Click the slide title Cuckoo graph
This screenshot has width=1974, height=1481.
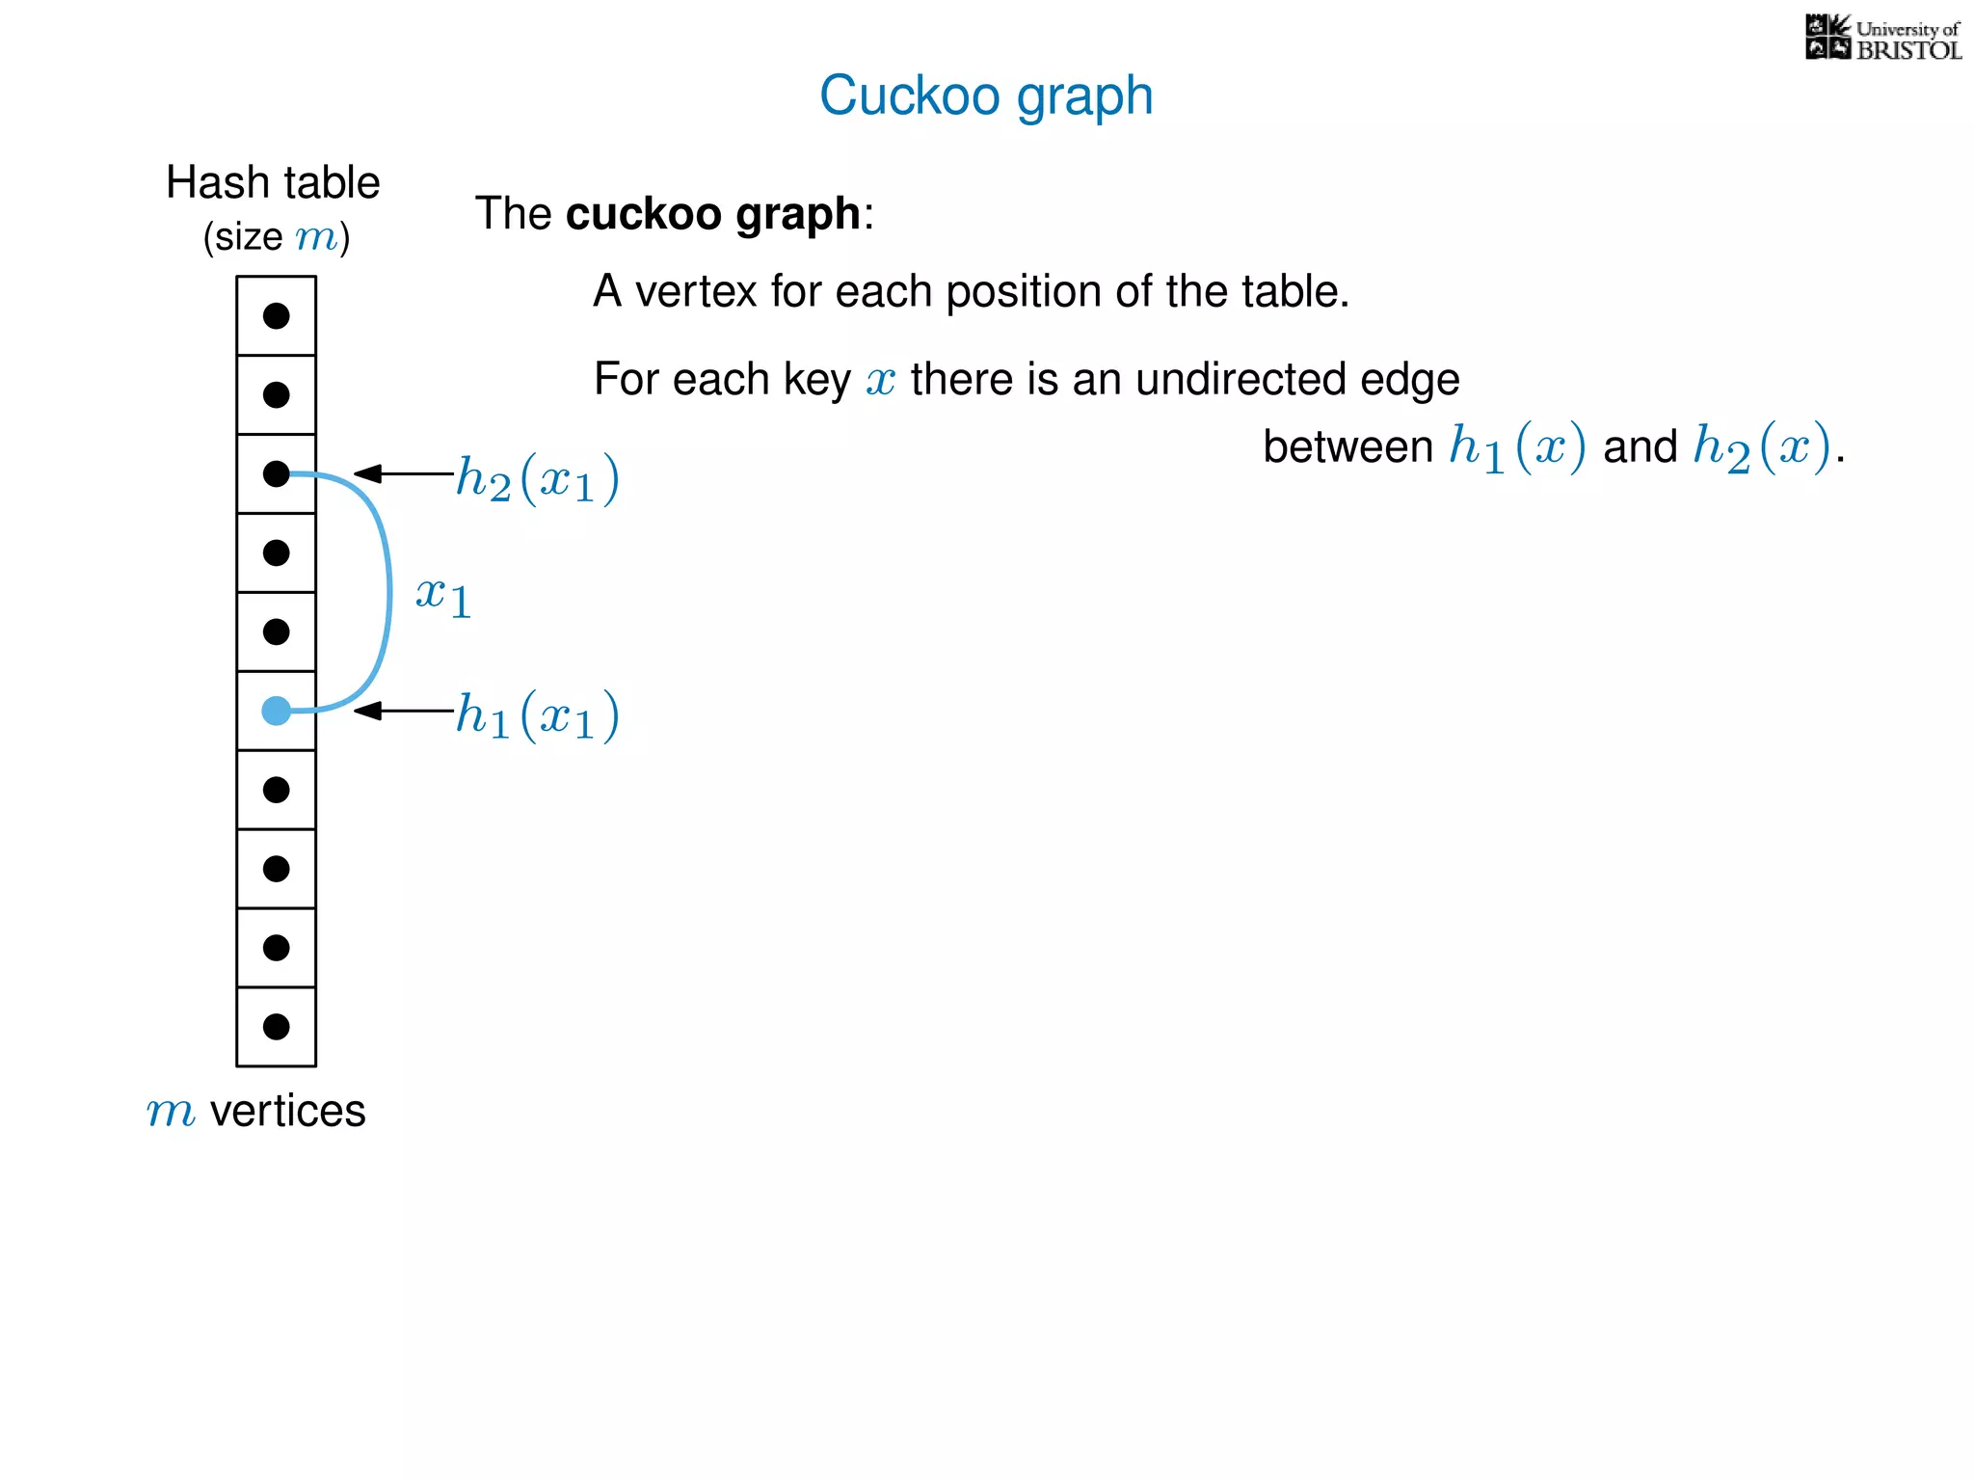coord(986,95)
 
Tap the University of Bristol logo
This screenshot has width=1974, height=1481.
coord(1882,39)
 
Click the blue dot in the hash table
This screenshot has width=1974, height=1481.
coord(277,711)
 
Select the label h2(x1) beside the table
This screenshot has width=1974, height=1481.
coord(537,478)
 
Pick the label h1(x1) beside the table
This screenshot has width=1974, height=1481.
coord(537,715)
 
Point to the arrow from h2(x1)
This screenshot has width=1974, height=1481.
coord(403,473)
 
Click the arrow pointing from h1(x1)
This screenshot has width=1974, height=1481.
coord(403,711)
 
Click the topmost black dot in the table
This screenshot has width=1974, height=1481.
coord(277,316)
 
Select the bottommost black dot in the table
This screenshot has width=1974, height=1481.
coord(277,1027)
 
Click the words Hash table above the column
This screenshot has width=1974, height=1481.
coord(273,182)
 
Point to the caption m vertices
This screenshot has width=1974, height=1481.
coord(256,1111)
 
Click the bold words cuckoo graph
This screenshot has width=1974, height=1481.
coord(712,214)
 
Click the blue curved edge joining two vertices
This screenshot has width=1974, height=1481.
coord(388,593)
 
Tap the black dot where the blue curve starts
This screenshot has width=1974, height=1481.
coord(277,473)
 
